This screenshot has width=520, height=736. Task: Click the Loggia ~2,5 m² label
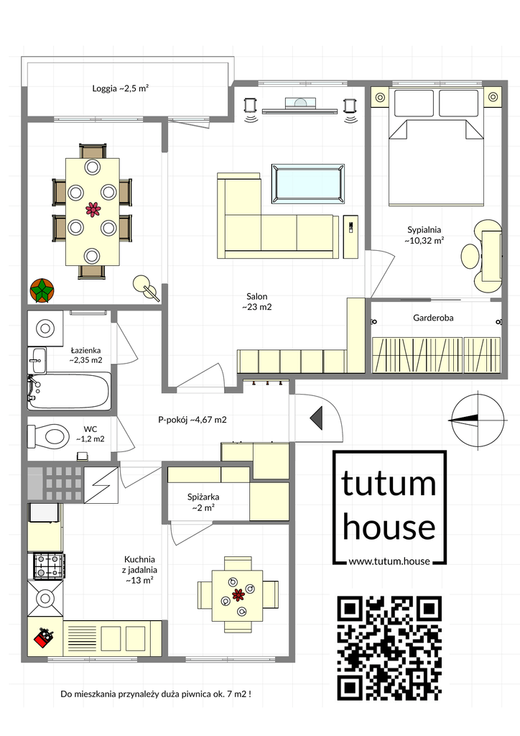point(120,88)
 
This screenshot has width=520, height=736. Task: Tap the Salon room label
point(257,302)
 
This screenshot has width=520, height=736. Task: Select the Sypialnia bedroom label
point(424,235)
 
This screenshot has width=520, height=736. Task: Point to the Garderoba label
point(433,318)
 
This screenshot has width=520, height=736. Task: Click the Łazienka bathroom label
point(85,355)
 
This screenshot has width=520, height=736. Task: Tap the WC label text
point(90,434)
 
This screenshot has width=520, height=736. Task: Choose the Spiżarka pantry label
point(203,502)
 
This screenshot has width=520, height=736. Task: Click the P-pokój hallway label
point(192,420)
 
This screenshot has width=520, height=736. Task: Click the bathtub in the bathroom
point(70,391)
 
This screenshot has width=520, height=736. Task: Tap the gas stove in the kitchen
point(48,566)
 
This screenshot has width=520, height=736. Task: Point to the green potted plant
point(42,290)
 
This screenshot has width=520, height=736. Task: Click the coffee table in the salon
point(308,184)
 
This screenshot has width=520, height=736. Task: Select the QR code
point(390,648)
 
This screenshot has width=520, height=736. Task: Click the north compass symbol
point(478,419)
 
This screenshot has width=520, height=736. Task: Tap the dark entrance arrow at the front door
point(317,418)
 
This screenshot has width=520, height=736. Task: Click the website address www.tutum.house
point(389,561)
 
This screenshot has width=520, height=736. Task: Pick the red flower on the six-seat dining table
point(93,209)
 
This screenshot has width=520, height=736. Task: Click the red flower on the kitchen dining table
point(238,594)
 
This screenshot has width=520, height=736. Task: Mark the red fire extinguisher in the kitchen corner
point(44,638)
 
